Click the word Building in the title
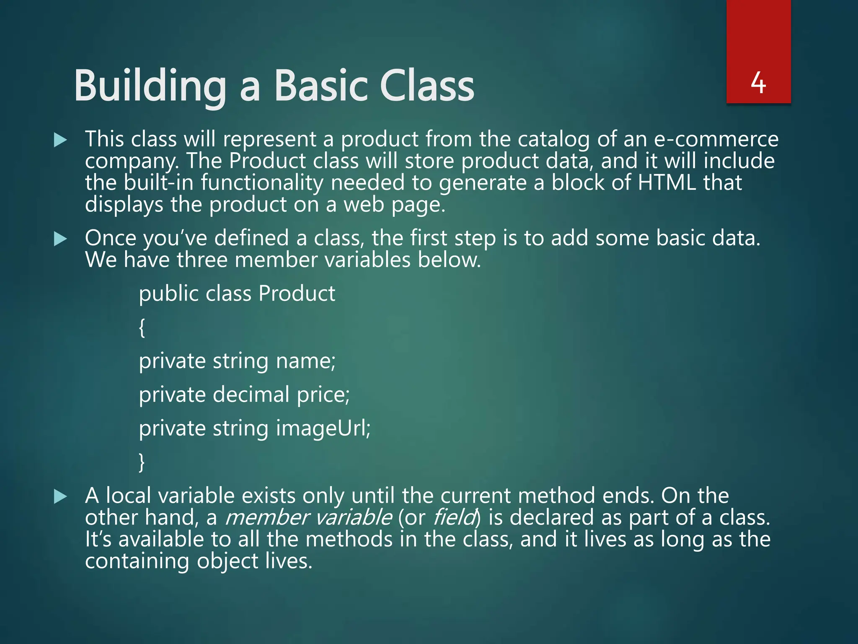[x=150, y=86]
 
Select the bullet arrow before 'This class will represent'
[x=61, y=140]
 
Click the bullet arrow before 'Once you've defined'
[x=61, y=239]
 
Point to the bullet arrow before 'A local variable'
[x=61, y=497]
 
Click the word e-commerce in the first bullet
[x=716, y=139]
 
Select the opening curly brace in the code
[x=142, y=327]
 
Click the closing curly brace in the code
[x=142, y=462]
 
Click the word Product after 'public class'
[x=297, y=293]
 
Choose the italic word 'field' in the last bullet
[x=454, y=517]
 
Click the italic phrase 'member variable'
[x=309, y=517]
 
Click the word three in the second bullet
[x=202, y=260]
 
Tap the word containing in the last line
[x=137, y=561]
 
